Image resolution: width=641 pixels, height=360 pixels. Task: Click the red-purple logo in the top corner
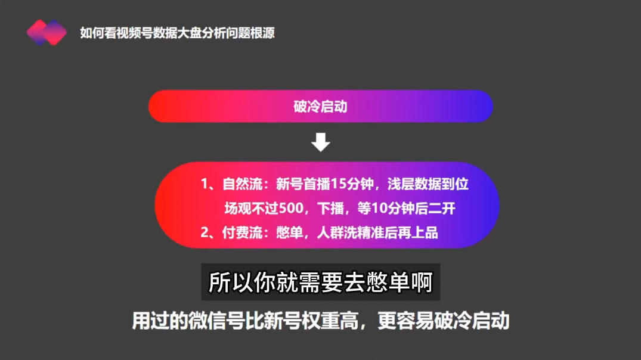click(x=47, y=32)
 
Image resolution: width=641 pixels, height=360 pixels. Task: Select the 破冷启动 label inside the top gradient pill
click(x=320, y=107)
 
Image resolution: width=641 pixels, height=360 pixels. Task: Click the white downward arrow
click(x=321, y=142)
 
